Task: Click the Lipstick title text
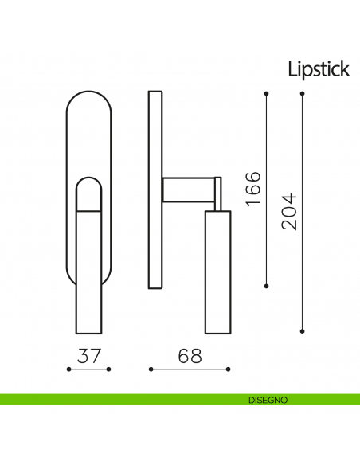click(319, 69)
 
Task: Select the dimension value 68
click(188, 356)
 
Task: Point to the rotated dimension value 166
click(252, 189)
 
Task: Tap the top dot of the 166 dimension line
click(266, 95)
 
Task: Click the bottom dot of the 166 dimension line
click(266, 284)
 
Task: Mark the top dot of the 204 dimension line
click(303, 95)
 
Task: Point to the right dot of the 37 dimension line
click(112, 369)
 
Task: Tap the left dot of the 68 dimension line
click(151, 369)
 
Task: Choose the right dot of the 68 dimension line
click(229, 369)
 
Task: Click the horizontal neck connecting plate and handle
click(190, 189)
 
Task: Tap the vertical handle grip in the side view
click(217, 271)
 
